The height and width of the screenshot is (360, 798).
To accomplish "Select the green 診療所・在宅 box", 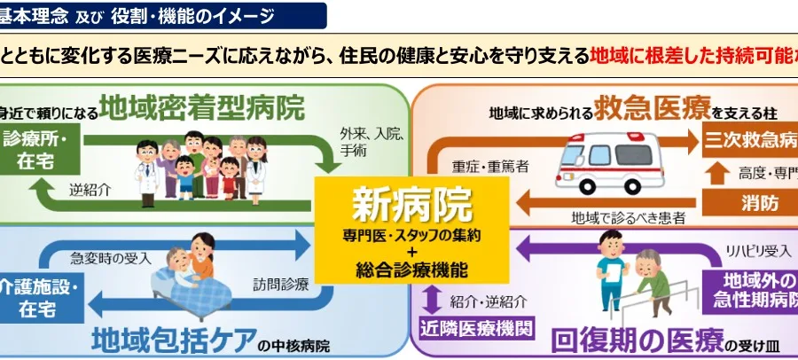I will coord(34,151).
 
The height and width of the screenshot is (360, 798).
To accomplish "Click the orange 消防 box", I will coord(759,202).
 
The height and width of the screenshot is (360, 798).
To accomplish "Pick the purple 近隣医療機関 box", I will coord(477,329).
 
